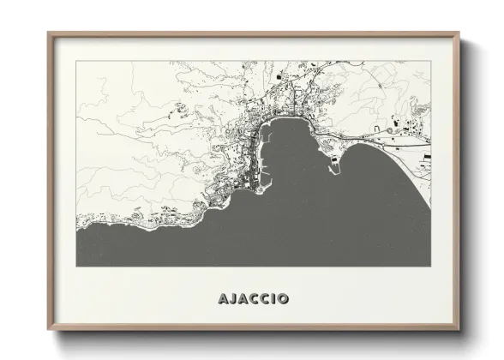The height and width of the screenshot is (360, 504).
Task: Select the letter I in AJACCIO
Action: click(274, 299)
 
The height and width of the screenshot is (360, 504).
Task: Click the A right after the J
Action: click(243, 299)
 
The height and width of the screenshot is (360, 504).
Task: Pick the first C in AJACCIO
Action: click(255, 299)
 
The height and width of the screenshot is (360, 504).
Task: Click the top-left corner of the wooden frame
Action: click(48, 33)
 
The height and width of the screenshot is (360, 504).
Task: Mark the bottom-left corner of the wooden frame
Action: click(48, 330)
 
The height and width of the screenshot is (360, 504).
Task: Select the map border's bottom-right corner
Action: click(431, 267)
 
